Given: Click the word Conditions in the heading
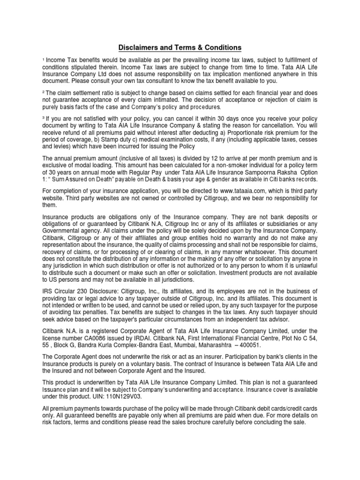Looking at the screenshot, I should click(222, 48).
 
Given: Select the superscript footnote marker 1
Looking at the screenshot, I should click(43, 60).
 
